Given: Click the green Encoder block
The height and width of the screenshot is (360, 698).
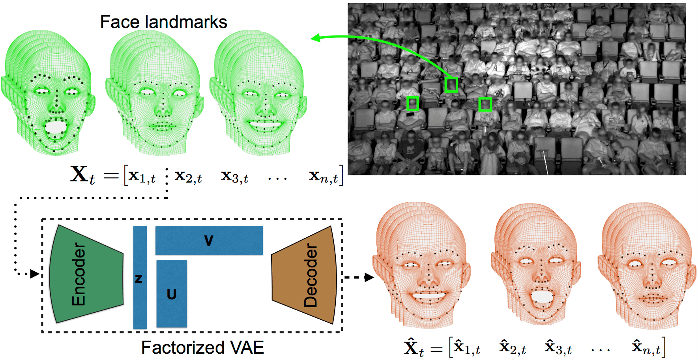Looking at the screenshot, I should pos(85,274).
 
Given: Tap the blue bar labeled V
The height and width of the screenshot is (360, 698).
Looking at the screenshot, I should pos(209,240).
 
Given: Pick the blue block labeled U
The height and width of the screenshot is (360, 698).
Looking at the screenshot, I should pos(172,294).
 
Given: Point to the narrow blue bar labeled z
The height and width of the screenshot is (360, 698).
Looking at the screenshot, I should pos(140,278).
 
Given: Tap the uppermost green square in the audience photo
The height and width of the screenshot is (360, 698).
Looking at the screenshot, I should pos(451,85).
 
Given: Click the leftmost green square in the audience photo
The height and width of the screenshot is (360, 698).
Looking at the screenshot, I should pos(412,104).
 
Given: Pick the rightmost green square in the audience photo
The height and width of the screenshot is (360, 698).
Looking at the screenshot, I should pos(485,104).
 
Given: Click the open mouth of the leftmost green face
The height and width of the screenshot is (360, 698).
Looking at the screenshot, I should pos(56,127).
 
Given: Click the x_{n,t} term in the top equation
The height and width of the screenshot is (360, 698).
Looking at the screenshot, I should pos(324,176).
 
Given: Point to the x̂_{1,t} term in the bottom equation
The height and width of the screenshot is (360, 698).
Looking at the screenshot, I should pos(467,347).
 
